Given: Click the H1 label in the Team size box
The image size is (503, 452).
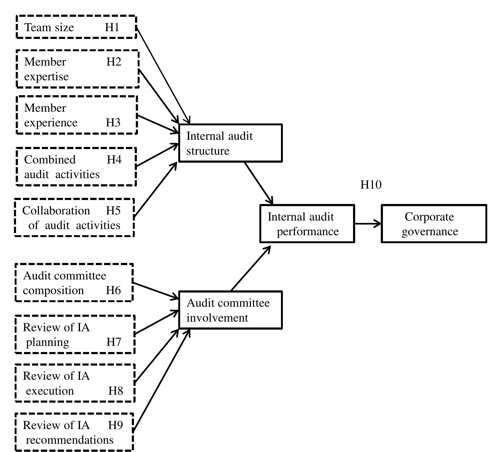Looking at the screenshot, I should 112,27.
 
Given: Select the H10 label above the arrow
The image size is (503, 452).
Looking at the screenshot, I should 371,185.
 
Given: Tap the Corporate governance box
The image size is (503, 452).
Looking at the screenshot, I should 434,224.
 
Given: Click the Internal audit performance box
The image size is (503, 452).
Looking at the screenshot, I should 307,224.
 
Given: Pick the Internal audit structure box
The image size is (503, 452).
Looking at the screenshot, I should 230,143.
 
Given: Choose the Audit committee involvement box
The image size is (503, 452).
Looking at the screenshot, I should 230,310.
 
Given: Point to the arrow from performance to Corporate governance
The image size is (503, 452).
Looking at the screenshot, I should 368,223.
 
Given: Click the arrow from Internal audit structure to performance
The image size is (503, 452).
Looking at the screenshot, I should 258,183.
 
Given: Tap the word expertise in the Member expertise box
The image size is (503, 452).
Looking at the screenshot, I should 46,77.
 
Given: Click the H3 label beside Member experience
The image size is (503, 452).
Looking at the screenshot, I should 113,122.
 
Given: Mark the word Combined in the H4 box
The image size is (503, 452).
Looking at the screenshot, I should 50,159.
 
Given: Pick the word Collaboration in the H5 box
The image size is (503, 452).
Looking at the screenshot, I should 56,210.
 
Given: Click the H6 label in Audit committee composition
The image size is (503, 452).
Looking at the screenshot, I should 113,290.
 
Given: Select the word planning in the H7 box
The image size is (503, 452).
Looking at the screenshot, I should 47,342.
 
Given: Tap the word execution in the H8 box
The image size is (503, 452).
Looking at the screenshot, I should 50,391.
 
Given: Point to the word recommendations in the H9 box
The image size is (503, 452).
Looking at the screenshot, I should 70,440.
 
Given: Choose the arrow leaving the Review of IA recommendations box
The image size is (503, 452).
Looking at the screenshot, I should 161,381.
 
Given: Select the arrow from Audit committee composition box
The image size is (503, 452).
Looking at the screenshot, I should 155,291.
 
